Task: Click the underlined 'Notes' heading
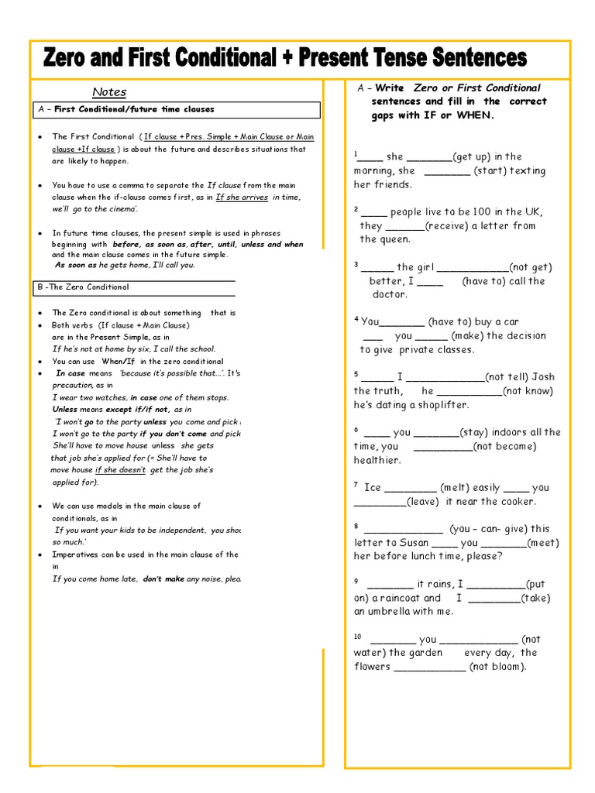tap(109, 92)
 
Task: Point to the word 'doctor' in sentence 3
tap(390, 294)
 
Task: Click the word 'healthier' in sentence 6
tap(377, 460)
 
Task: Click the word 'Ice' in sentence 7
tap(373, 488)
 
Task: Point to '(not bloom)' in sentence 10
tap(497, 666)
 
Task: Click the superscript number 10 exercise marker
tap(358, 637)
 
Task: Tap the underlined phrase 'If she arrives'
tap(242, 197)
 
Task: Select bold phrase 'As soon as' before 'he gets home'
tap(75, 265)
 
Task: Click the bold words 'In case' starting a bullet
tap(71, 373)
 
